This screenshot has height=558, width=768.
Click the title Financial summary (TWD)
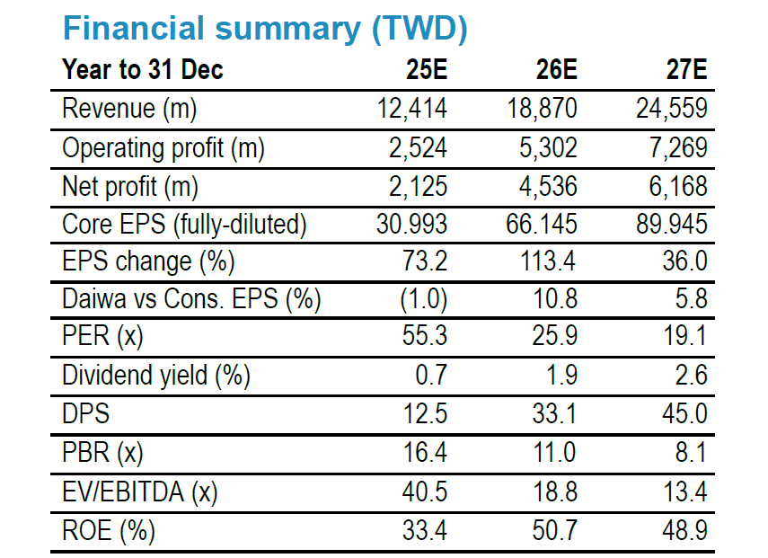(265, 30)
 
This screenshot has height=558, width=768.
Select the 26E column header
(556, 69)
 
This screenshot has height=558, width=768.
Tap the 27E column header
(686, 69)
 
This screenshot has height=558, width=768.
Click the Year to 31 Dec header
(143, 69)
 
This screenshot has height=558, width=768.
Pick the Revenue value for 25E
(412, 108)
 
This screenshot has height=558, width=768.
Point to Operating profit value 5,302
(548, 147)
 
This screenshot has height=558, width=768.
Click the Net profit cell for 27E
(678, 186)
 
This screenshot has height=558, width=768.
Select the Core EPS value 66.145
(542, 224)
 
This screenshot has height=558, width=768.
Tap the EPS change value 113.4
(547, 261)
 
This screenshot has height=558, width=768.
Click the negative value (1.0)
(424, 298)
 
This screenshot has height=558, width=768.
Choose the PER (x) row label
(102, 336)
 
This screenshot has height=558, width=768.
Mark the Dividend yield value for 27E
(691, 375)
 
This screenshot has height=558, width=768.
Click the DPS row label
(85, 413)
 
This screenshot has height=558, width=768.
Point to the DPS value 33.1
(555, 413)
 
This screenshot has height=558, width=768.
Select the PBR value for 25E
(425, 452)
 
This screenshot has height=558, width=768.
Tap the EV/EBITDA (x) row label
(139, 492)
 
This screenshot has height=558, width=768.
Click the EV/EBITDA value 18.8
(555, 492)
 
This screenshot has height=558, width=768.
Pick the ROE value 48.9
(684, 530)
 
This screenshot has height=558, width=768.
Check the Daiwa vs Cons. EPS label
(191, 299)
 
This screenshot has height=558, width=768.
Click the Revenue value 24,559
(672, 108)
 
